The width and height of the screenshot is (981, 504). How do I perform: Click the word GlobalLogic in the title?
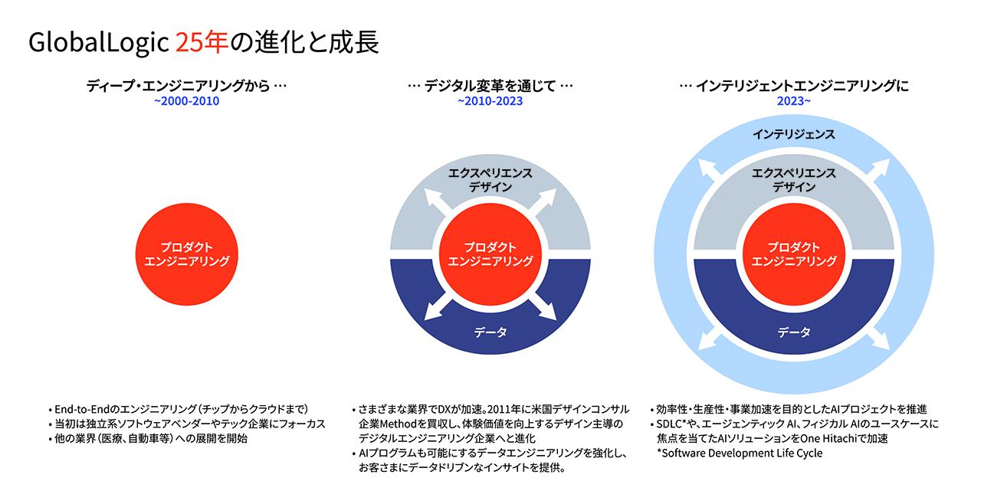(98, 44)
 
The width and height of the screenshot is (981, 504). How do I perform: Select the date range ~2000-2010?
(186, 100)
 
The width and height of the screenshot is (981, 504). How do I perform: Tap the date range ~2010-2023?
(490, 100)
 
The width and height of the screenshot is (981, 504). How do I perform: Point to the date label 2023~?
(793, 100)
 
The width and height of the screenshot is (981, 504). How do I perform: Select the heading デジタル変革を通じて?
(490, 86)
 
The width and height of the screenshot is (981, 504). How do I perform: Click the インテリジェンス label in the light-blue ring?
(793, 134)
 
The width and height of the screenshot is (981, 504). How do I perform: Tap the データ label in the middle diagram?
(490, 332)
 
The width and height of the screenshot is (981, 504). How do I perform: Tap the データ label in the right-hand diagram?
(794, 332)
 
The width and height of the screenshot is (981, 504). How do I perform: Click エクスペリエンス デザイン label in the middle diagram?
(490, 180)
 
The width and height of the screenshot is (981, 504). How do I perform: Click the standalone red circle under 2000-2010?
(187, 254)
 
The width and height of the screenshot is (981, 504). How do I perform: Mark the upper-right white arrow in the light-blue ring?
(880, 169)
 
